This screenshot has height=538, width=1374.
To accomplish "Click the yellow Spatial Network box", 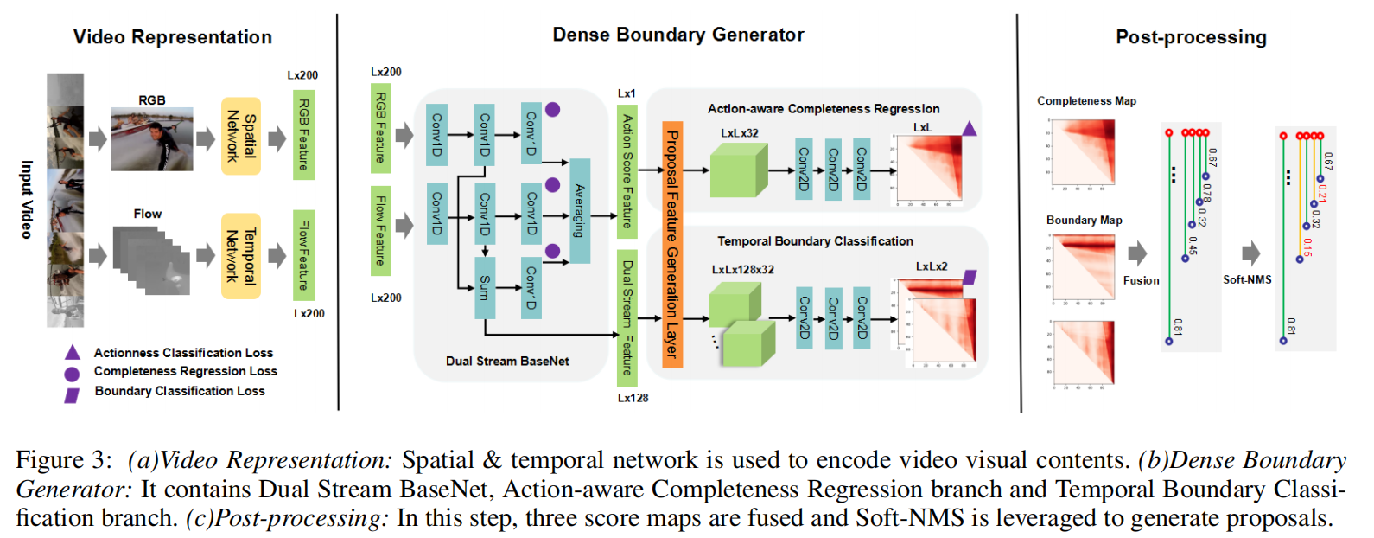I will click(241, 136).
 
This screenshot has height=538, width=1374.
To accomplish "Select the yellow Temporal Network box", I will click(241, 255).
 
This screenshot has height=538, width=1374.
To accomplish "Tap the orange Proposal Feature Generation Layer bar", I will click(672, 245).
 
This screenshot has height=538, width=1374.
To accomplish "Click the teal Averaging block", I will click(580, 211).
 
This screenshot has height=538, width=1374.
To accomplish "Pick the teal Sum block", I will click(485, 288).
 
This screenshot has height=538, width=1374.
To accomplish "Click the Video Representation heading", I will click(173, 37).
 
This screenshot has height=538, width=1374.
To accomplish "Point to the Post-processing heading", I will click(1191, 37).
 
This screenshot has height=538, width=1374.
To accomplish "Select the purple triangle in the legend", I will click(73, 353).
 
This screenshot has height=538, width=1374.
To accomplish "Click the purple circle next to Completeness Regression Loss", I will click(73, 374).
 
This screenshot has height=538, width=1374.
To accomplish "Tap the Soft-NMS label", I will click(1247, 280).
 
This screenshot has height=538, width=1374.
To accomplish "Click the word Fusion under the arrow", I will click(1141, 280).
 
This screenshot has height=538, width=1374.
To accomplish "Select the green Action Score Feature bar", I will click(627, 171).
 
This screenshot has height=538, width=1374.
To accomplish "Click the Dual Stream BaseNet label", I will click(507, 362).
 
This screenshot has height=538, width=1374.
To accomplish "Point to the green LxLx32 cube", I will click(737, 170).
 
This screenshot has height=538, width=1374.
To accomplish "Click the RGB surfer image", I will click(152, 139).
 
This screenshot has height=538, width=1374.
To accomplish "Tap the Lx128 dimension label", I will click(633, 398).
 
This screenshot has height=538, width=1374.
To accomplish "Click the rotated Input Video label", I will click(27, 200).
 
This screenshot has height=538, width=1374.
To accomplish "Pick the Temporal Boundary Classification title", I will click(815, 241).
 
